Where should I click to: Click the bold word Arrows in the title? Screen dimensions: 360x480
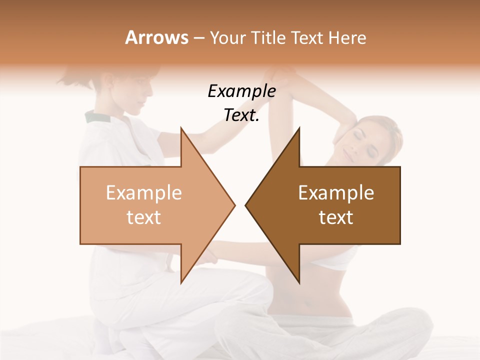(x=156, y=37)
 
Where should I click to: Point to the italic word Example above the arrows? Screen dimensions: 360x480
(x=241, y=91)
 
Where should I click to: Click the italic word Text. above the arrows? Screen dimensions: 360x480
(x=241, y=115)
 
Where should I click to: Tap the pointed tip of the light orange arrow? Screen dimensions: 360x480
(x=233, y=205)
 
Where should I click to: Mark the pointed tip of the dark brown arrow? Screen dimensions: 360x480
(x=247, y=205)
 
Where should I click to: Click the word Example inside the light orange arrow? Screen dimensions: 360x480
(x=144, y=193)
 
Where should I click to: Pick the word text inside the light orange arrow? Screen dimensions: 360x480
(x=144, y=217)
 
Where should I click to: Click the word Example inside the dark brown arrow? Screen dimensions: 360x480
(x=336, y=193)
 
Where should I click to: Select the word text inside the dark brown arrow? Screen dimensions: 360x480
(x=336, y=217)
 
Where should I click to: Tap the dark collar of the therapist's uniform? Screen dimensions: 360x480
(x=97, y=117)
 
